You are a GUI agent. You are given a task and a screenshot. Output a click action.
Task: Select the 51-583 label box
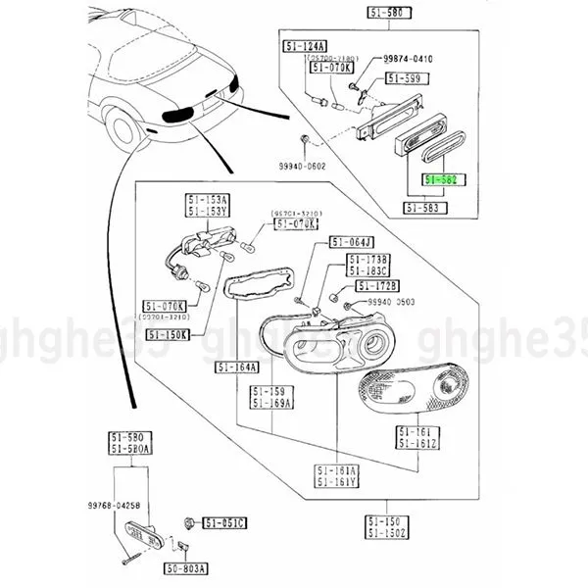424,209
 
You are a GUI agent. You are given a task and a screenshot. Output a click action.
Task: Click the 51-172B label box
378,285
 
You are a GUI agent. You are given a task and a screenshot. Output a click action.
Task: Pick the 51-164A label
237,368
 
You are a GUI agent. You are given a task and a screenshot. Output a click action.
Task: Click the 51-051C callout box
224,522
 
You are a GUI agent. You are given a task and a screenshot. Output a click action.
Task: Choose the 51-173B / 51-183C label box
368,265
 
